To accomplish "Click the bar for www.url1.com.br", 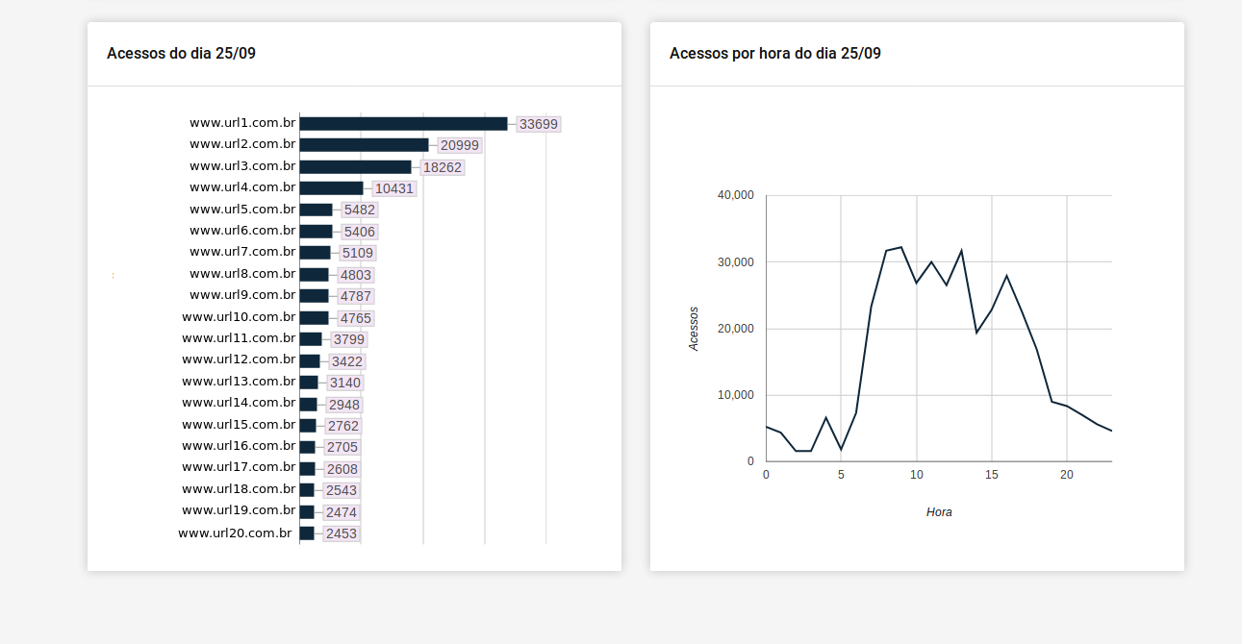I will tap(403, 124).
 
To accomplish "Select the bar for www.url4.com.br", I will tap(331, 188).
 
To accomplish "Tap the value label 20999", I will tap(459, 145).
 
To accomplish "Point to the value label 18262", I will tap(443, 167).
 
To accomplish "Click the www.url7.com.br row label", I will tap(242, 252).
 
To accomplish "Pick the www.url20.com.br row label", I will tap(235, 533).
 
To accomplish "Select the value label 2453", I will tap(342, 533).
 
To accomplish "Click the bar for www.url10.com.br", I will tap(314, 317).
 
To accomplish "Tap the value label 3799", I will tap(348, 339).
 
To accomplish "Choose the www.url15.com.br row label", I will tap(239, 425).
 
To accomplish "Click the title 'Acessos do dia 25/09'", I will tap(181, 54).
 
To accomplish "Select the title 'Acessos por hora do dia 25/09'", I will tap(774, 54).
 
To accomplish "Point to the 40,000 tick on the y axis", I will tap(736, 195).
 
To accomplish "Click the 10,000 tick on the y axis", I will tap(736, 395).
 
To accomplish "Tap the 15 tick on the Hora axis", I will tap(992, 475).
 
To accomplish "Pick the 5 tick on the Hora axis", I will tap(841, 475).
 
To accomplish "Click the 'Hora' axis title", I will tap(939, 512).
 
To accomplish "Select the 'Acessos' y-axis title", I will tap(695, 329).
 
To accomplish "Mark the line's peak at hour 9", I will tap(901, 247).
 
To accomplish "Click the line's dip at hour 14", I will tap(976, 333).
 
